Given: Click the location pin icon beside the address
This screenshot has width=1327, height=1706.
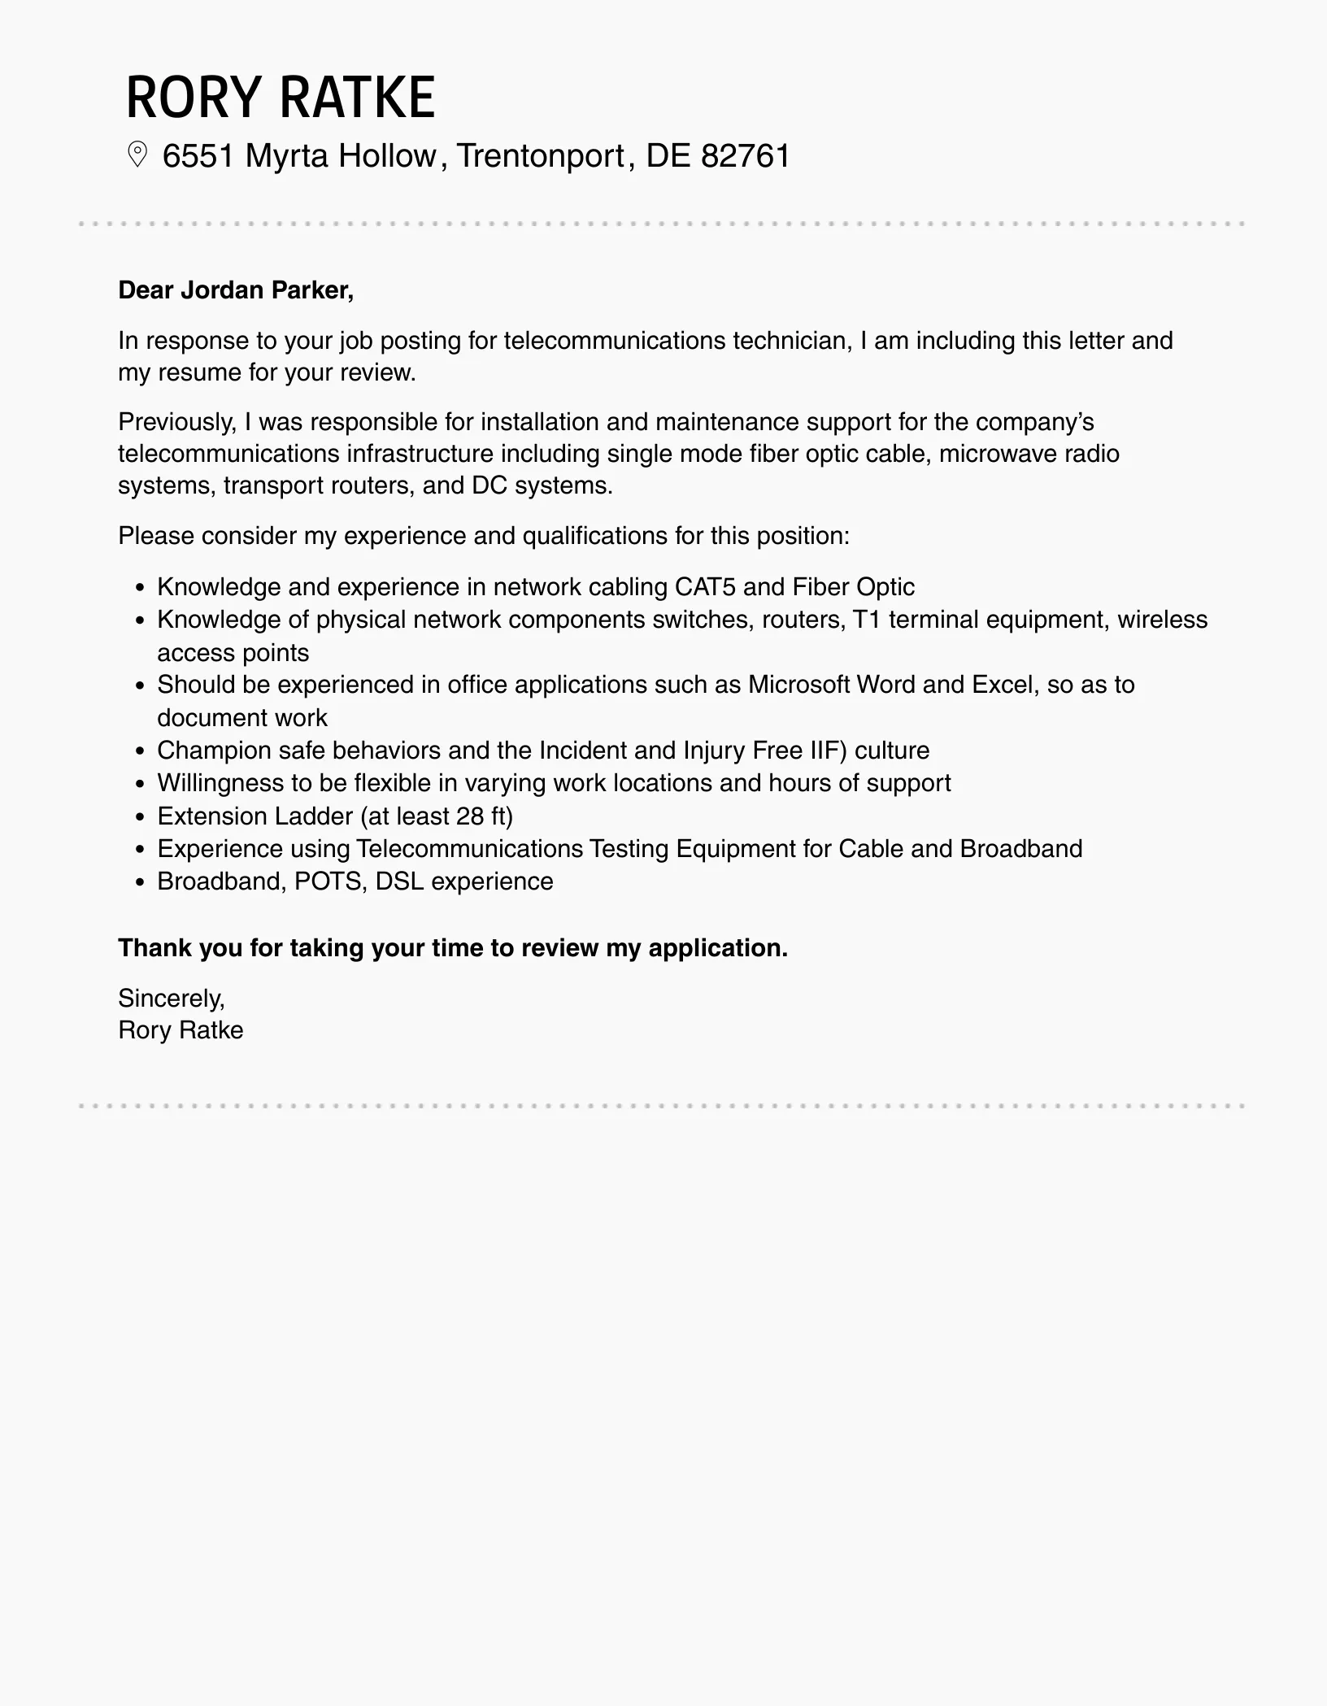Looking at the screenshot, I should [x=137, y=154].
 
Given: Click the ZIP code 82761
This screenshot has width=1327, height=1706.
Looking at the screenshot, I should [x=746, y=155].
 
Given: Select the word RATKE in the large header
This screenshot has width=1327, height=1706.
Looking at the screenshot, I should [x=358, y=98].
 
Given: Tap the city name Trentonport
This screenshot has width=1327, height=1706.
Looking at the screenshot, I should [x=541, y=155].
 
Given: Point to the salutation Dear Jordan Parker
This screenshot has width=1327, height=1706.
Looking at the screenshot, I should [x=236, y=290].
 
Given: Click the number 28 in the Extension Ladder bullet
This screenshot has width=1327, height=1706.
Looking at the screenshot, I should [x=471, y=816].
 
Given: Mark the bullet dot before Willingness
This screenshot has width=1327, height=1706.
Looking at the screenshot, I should [x=141, y=784].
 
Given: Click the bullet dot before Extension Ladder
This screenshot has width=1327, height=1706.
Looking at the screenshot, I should [x=141, y=816].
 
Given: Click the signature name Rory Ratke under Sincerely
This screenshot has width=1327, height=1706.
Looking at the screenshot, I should [x=181, y=1030].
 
